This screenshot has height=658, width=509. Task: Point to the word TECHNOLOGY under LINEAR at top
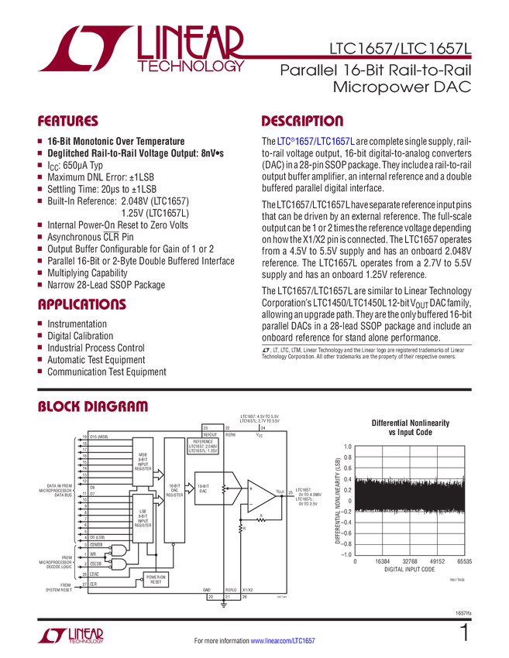tap(191, 68)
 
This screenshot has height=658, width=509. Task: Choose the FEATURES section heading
tap(68, 122)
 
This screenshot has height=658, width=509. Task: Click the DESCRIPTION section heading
tap(303, 122)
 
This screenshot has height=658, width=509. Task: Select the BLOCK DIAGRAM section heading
tap(93, 406)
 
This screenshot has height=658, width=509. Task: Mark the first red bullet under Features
tap(40, 142)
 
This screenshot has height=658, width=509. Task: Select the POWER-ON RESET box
tap(156, 579)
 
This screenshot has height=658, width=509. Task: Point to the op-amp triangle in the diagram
tap(260, 493)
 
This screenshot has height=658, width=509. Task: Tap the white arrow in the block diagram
tap(157, 501)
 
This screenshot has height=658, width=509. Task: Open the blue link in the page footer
tap(294, 640)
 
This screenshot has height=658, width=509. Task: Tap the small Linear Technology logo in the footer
tap(70, 636)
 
